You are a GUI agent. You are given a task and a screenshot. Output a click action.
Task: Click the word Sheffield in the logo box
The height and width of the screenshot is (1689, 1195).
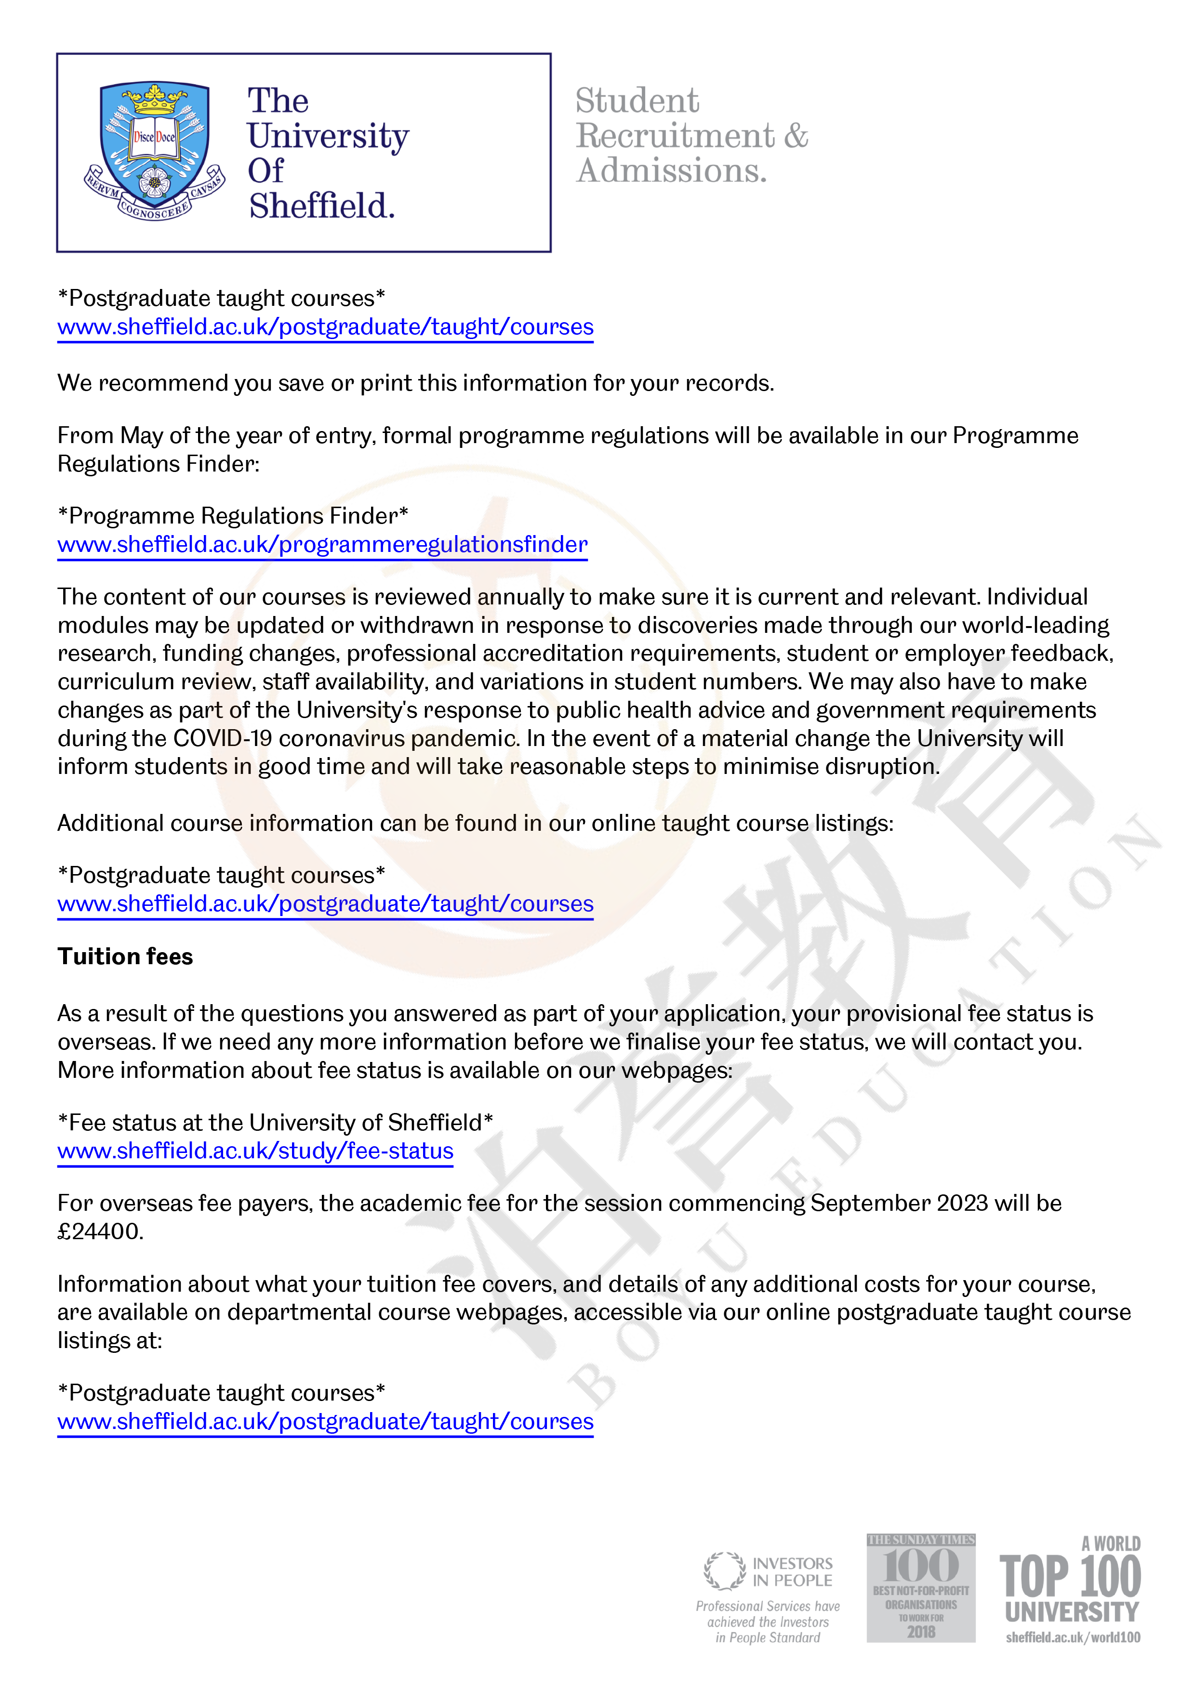click(321, 206)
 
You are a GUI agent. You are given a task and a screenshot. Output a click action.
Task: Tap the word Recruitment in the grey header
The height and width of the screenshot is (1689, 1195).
click(675, 136)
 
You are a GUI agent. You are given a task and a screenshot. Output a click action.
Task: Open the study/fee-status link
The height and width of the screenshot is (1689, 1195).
click(255, 1151)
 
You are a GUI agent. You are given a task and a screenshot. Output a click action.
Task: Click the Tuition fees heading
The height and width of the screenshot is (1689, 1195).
click(125, 956)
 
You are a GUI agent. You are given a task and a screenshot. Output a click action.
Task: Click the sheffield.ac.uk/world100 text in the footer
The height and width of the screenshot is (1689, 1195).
click(1073, 1637)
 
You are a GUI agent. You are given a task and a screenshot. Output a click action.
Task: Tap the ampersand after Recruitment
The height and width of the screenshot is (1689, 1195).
click(796, 136)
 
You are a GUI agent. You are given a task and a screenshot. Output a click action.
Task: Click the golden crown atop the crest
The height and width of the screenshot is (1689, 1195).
click(155, 99)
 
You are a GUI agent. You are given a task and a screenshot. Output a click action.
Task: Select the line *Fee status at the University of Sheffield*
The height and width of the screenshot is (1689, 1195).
click(275, 1123)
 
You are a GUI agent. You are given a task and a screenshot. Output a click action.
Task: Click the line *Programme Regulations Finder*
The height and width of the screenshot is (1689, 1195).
click(233, 516)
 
